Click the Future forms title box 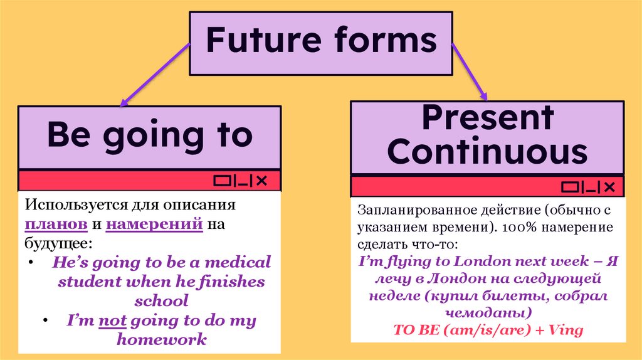(x=320, y=41)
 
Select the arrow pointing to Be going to (x=154, y=74)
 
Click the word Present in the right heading (x=487, y=117)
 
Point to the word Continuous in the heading (x=487, y=152)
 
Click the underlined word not (x=113, y=321)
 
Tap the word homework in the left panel (x=162, y=340)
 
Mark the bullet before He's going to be (x=31, y=260)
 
